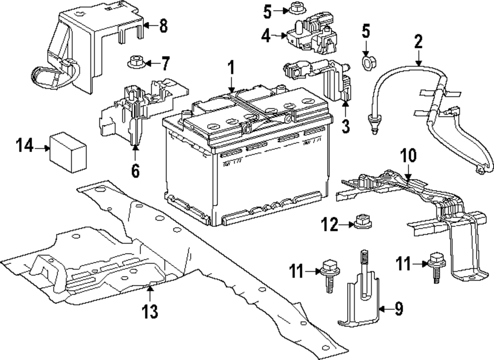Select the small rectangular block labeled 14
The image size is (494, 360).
click(68, 152)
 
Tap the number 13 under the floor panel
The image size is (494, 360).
click(150, 311)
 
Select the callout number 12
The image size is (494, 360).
click(329, 226)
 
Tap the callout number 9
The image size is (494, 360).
click(399, 309)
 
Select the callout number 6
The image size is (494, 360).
click(135, 170)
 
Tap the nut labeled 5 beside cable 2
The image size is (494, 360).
click(367, 63)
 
